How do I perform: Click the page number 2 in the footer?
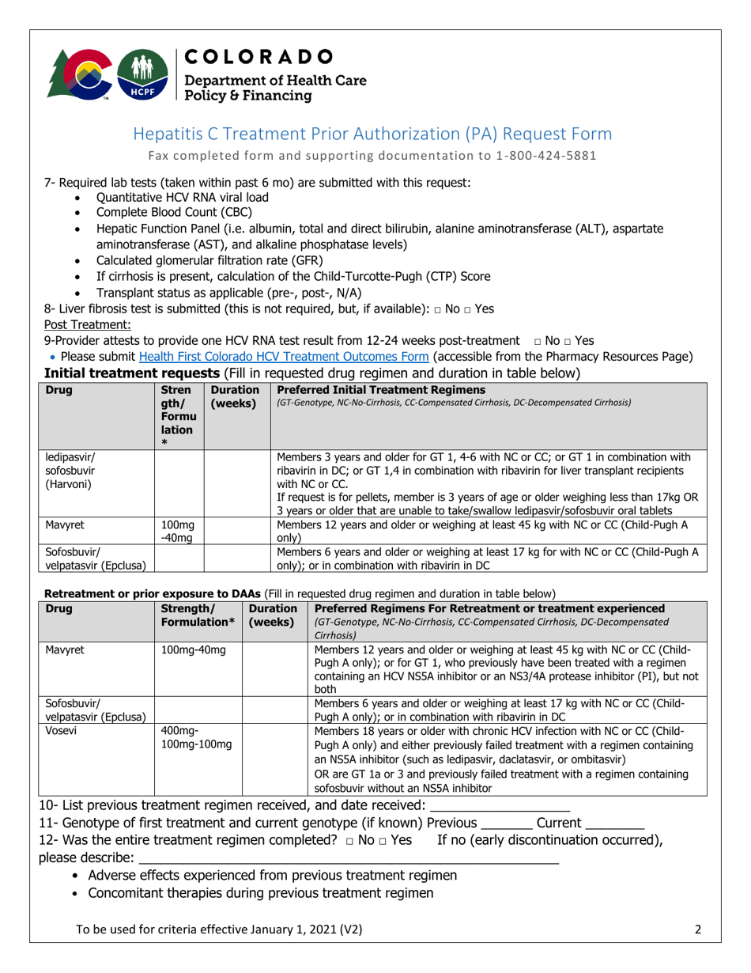[698, 930]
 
